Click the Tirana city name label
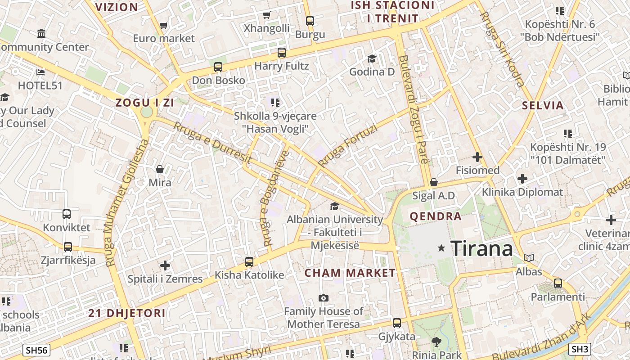481,248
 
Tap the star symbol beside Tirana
441,248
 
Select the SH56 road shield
36,350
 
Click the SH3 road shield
580,349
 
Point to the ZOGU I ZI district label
144,103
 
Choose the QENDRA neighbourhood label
436,216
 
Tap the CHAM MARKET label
350,273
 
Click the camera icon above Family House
323,298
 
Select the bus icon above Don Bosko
218,67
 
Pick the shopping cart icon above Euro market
164,26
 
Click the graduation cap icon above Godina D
372,58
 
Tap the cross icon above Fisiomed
477,157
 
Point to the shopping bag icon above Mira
160,169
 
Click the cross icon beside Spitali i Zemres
165,265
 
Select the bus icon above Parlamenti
558,283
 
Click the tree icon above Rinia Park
436,342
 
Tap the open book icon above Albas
529,258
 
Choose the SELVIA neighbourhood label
543,106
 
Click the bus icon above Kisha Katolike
249,262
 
